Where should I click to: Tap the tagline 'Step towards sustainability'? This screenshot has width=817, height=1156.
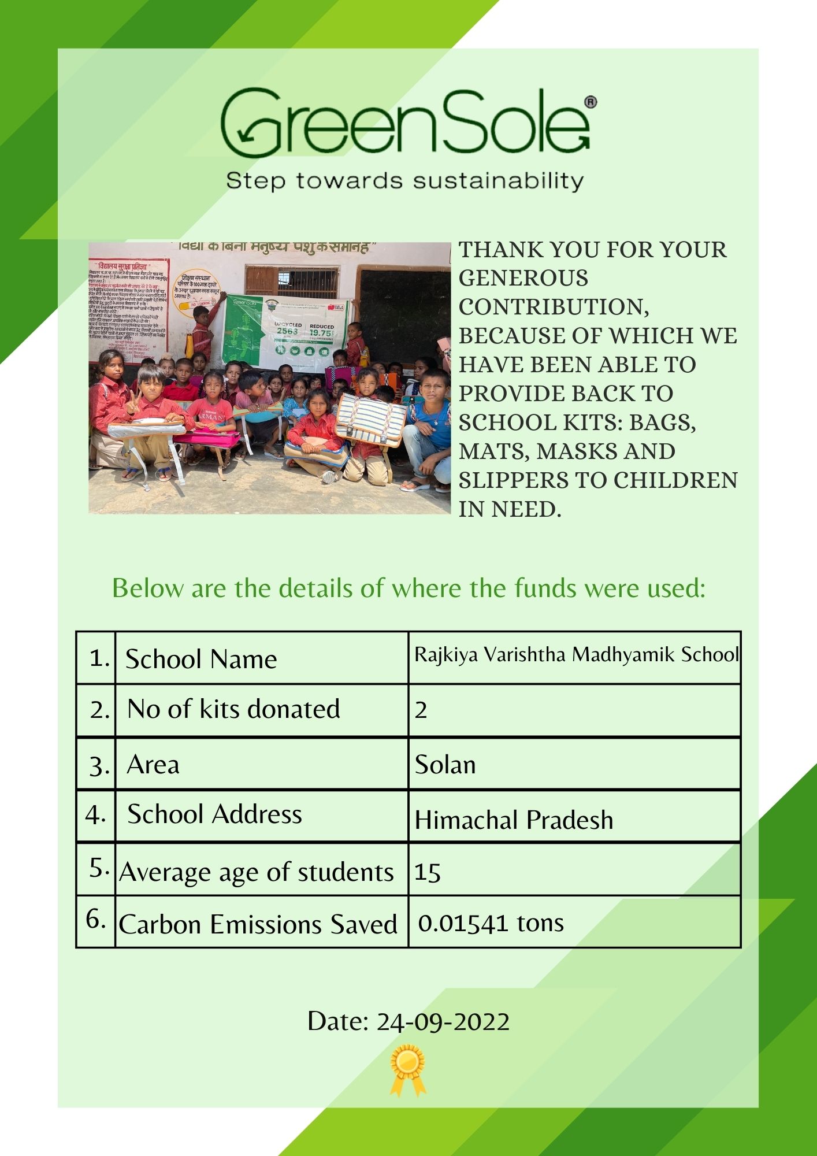pos(404,181)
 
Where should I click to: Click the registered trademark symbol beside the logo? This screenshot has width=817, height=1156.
pos(591,102)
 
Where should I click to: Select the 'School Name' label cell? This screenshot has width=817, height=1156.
pos(201,659)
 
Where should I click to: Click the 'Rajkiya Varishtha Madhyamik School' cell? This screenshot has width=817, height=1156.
pos(576,655)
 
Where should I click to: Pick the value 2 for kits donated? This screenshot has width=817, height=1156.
pos(421,710)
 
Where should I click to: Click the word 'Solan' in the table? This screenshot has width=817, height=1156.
pos(445,765)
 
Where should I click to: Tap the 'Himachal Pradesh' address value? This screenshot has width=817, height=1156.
pos(514,820)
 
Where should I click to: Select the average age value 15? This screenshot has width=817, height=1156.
pos(428,872)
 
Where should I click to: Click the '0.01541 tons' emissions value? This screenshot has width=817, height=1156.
pos(491,923)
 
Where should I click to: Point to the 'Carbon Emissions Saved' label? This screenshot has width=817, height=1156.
pos(258,924)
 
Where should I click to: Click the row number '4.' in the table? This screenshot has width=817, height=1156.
pos(95,814)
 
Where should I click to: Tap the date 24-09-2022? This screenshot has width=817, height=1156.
pos(408,1021)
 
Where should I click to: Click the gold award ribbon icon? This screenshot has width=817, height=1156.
pos(408,1069)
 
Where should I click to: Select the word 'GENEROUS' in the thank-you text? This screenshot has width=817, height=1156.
pos(523,279)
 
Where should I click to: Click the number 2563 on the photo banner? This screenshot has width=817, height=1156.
pos(287,331)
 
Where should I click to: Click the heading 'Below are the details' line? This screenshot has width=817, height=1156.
pos(408,588)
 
